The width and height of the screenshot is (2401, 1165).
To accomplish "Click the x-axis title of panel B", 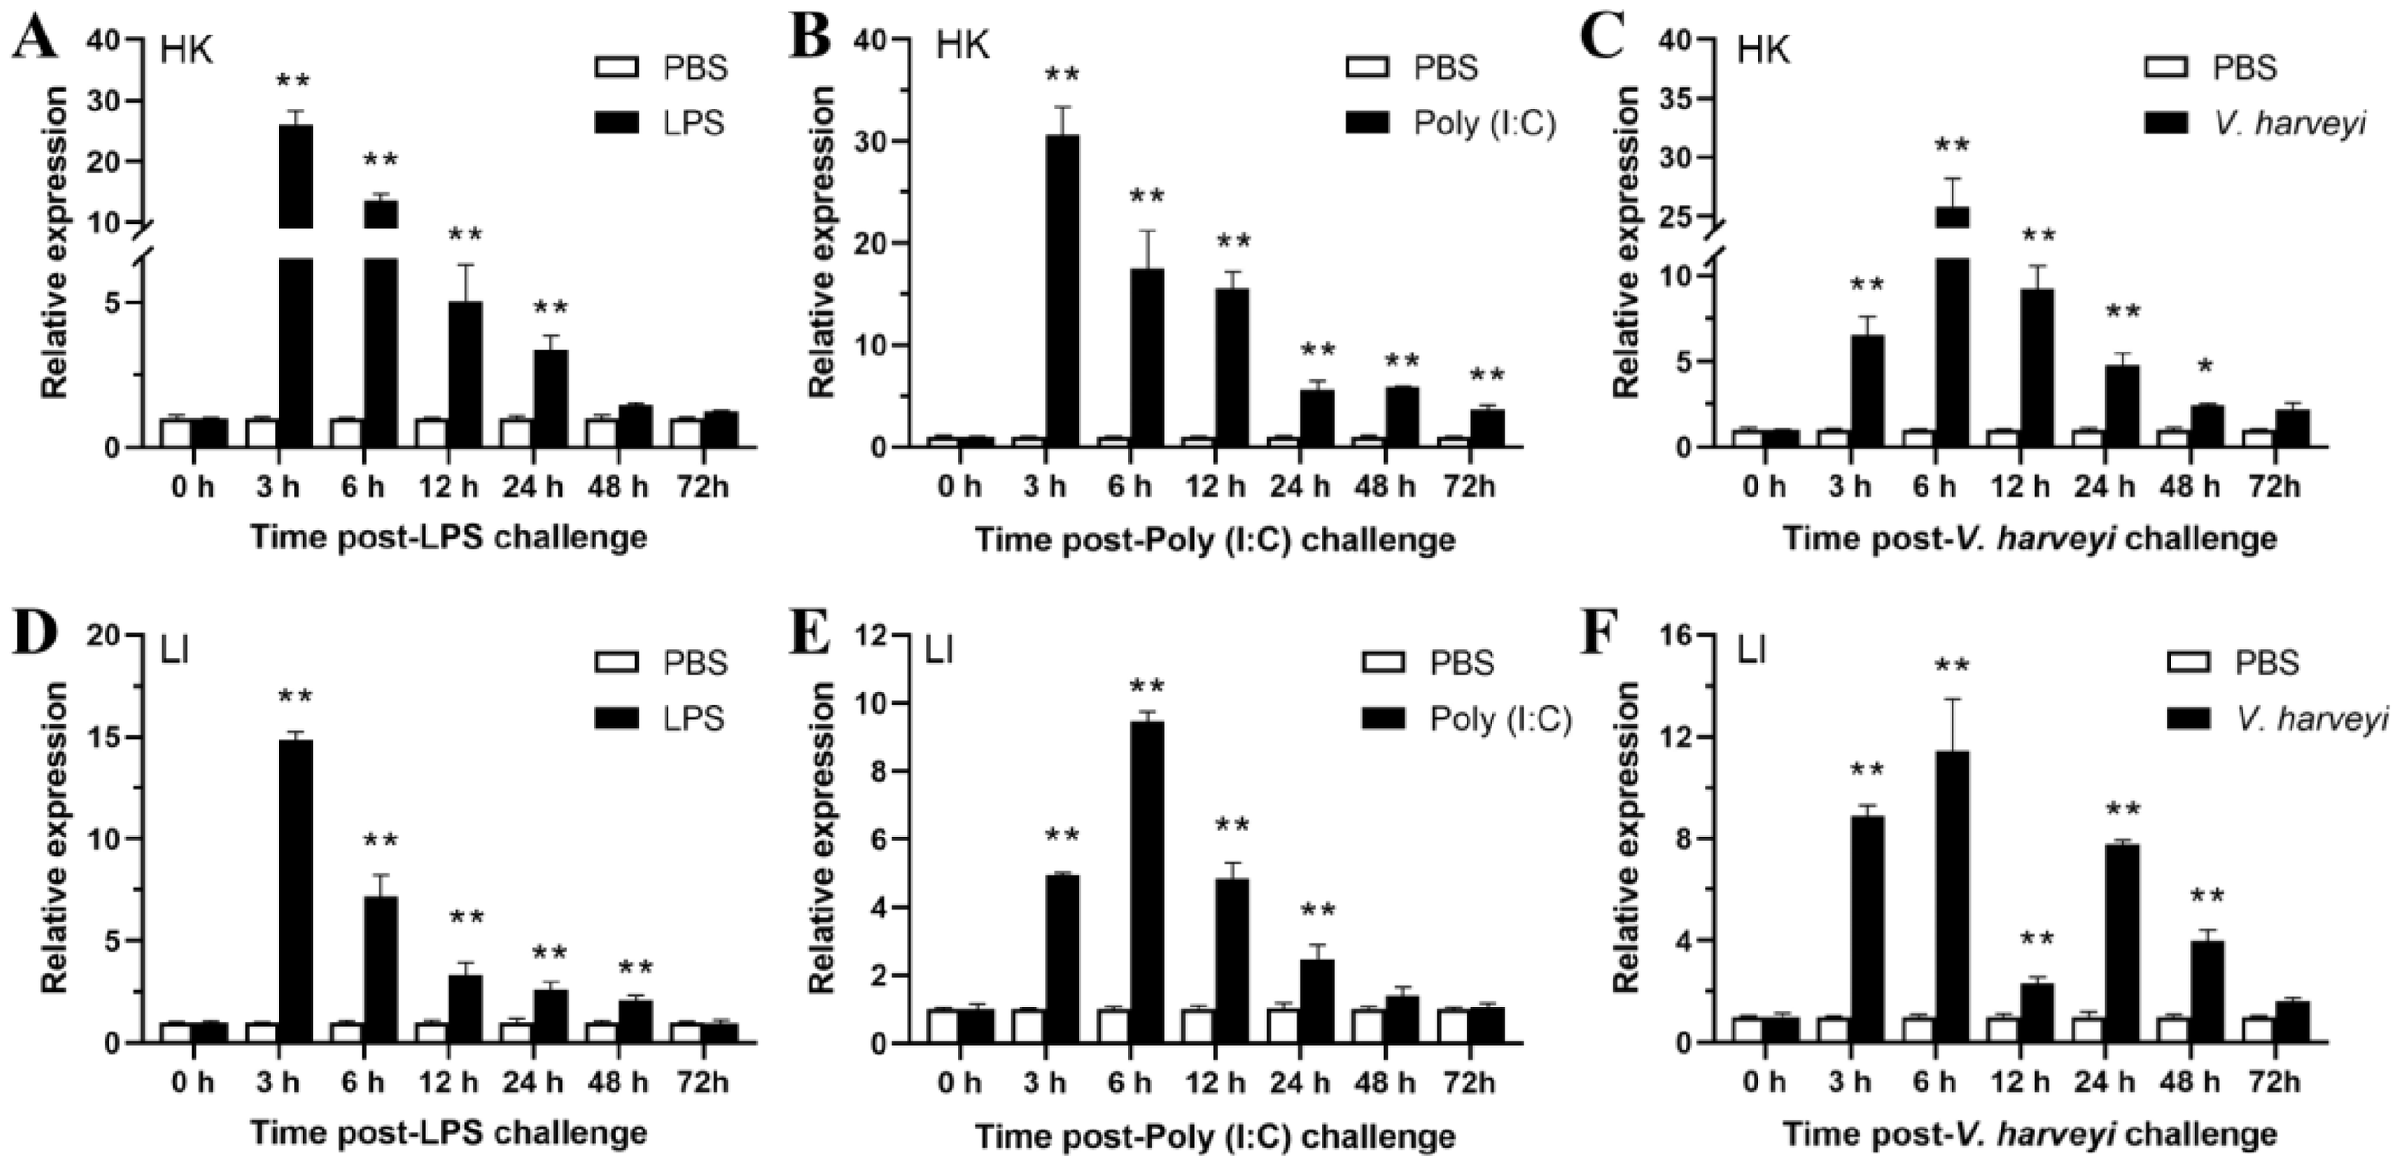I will coord(1215,540).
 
